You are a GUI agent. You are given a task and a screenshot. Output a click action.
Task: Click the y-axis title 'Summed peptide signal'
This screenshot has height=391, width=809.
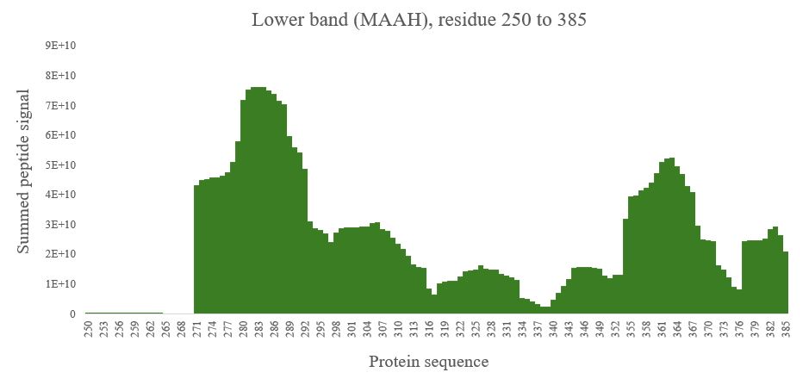[24, 172]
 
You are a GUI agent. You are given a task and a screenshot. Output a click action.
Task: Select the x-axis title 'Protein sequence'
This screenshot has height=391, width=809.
[428, 362]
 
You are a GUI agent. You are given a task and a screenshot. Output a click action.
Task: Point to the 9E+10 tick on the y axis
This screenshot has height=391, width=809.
[61, 46]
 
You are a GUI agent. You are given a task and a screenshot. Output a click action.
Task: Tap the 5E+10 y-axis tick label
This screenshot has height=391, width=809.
[61, 164]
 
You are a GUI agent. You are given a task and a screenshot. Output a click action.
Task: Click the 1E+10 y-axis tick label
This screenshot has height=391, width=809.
[61, 283]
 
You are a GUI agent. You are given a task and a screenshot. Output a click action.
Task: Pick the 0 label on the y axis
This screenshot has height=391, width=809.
[72, 313]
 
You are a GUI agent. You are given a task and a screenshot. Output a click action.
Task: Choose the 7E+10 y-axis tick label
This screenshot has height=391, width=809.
[61, 105]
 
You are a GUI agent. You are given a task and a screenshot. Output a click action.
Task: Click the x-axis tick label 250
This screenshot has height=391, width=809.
[88, 328]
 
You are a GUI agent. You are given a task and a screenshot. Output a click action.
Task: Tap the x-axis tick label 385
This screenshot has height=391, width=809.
[786, 328]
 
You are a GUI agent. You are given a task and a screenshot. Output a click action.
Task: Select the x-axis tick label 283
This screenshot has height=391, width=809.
[258, 328]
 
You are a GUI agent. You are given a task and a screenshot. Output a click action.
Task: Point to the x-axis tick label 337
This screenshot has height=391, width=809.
[538, 328]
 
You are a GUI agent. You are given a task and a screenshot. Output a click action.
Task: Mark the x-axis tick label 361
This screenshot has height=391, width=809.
[662, 328]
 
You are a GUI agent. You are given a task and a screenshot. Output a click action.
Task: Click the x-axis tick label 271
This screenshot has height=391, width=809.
[196, 328]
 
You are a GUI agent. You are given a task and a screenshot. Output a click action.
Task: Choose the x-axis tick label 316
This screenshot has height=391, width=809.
[429, 328]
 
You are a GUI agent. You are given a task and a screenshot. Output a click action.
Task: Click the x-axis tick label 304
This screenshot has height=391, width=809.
[367, 328]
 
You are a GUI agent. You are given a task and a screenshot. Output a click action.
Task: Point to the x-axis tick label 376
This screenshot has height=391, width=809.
[739, 328]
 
